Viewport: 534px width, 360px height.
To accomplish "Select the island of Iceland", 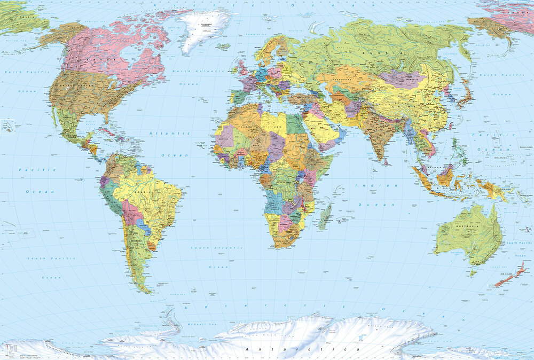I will click(x=223, y=47).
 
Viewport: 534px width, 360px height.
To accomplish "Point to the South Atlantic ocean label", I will click(x=209, y=248).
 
